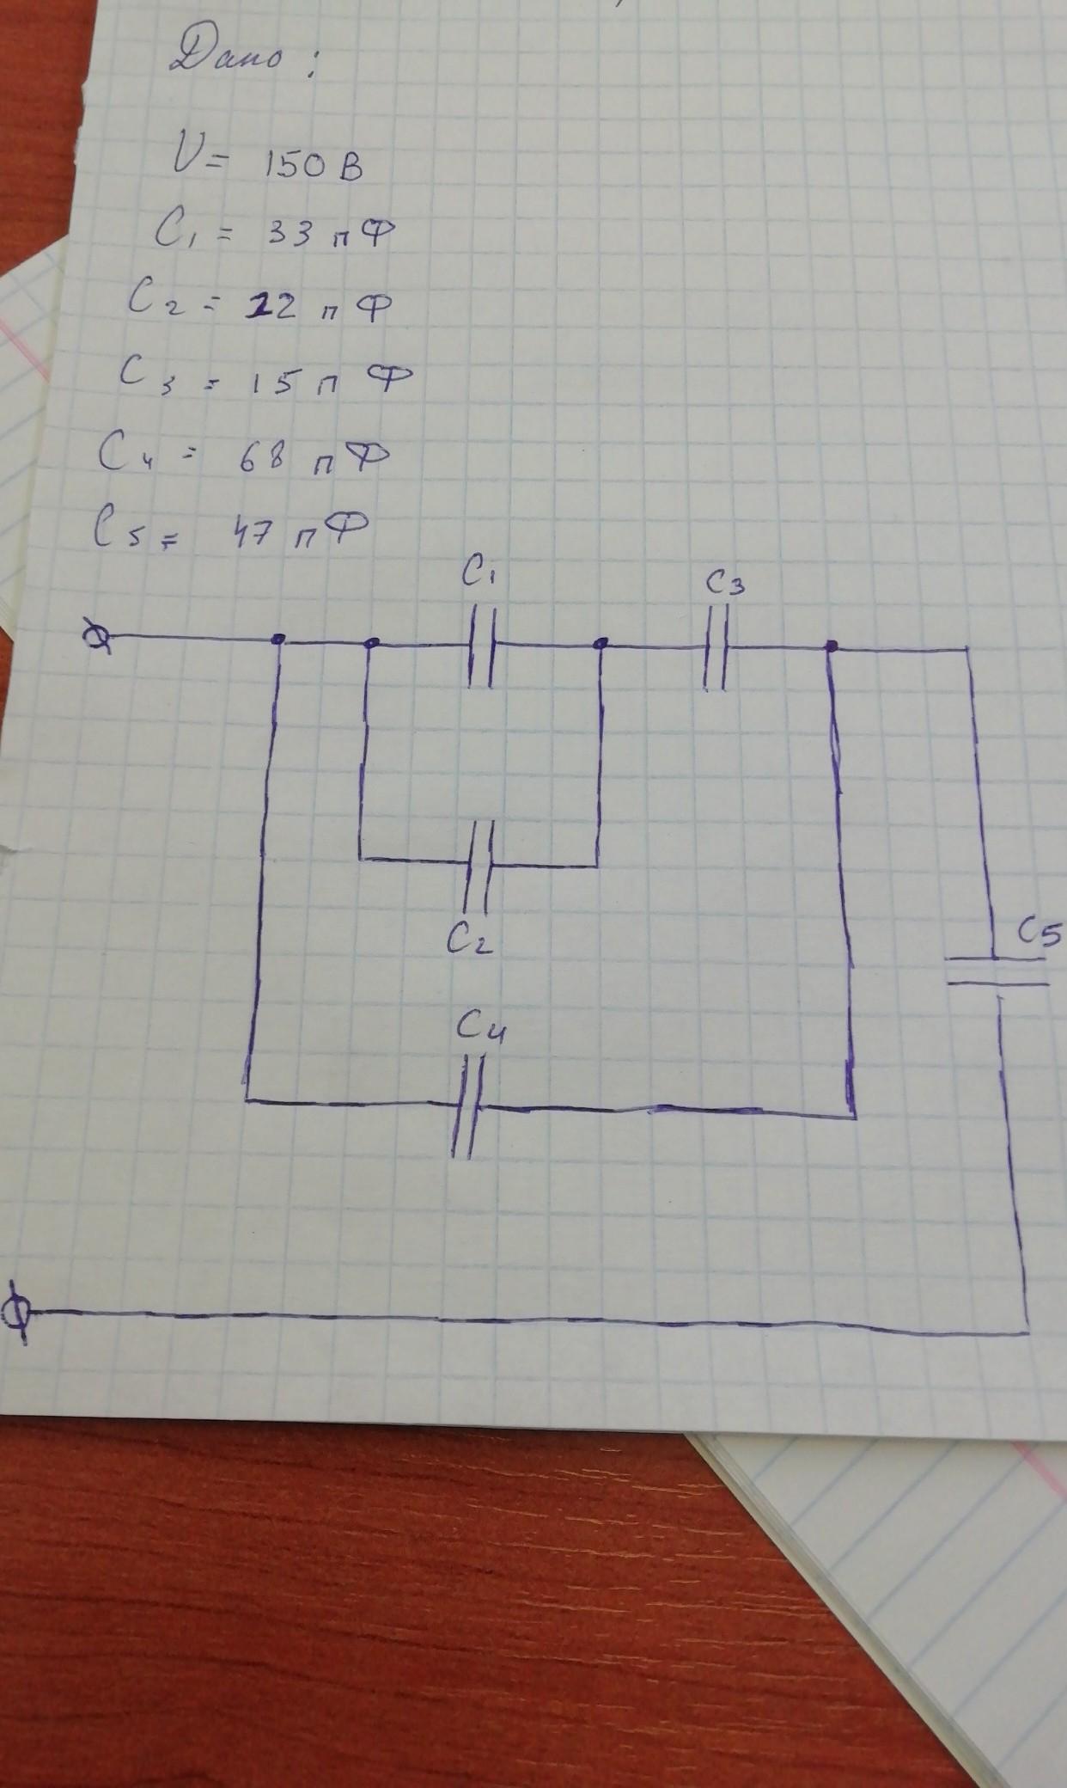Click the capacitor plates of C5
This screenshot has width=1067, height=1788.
click(x=997, y=971)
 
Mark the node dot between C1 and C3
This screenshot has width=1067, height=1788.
click(x=603, y=643)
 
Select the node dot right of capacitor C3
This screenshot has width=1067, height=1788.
click(x=831, y=646)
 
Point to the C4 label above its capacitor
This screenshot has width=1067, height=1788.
click(x=481, y=1027)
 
